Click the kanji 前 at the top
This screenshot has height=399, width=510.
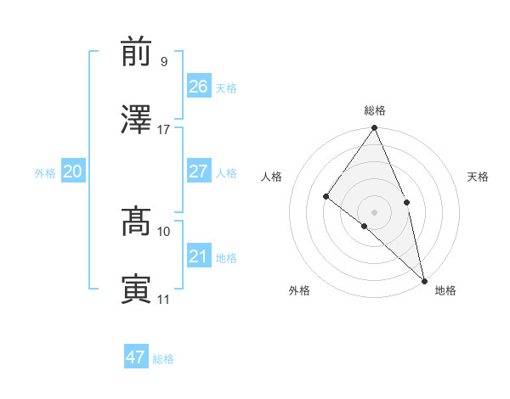(137, 53)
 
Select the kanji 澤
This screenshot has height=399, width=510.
(137, 120)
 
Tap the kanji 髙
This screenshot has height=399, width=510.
(137, 222)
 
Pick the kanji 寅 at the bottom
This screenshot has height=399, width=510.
(137, 289)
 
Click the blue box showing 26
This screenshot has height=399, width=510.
(198, 87)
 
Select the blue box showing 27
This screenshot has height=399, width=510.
(198, 171)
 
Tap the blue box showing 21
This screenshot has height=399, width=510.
(198, 256)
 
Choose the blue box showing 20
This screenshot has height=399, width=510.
(73, 171)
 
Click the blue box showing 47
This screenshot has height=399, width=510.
(136, 357)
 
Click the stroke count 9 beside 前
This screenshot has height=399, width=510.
(163, 62)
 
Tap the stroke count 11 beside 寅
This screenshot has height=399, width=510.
(163, 300)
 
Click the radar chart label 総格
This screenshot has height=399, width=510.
(375, 110)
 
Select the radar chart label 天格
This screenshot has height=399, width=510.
(478, 177)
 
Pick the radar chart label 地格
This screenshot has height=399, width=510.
(445, 290)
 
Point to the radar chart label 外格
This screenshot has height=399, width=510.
(299, 290)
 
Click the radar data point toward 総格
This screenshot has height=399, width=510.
(374, 129)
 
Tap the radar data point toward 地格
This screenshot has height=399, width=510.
(424, 280)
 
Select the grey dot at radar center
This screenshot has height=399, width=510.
(374, 211)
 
